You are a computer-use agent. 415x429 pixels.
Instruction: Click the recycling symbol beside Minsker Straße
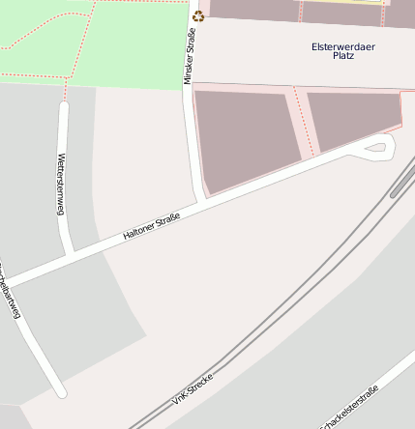click(198, 15)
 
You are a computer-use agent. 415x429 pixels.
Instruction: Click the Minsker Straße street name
click(189, 57)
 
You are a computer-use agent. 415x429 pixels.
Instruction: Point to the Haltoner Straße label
click(152, 227)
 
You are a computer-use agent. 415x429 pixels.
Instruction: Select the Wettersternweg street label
click(61, 184)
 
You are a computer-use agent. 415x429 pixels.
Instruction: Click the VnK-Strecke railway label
click(192, 384)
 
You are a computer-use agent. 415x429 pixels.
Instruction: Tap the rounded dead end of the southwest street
click(59, 391)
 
